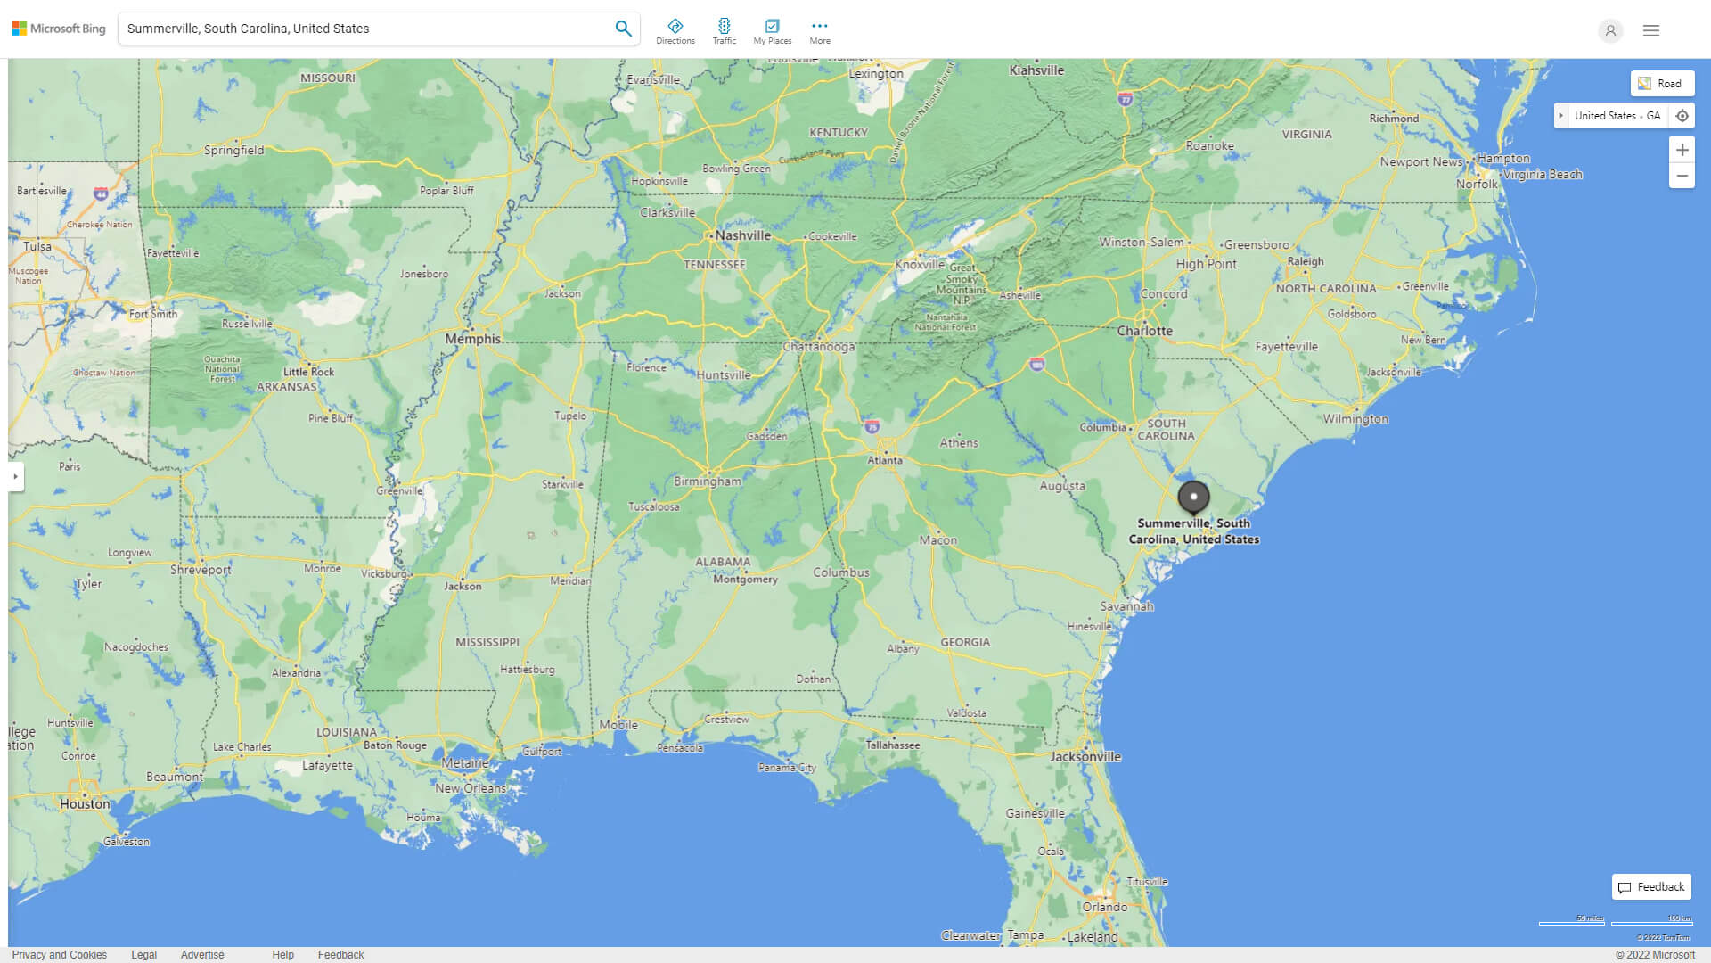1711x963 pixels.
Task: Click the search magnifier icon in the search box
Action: pos(623,29)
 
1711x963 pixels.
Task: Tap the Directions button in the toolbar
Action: pos(675,30)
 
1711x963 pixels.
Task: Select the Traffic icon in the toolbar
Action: pos(725,30)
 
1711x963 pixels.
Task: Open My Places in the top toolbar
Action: pos(772,30)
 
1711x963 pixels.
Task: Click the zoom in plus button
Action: pos(1682,150)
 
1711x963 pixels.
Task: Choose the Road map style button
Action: pos(1662,84)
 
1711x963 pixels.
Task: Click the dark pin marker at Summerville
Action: pos(1193,497)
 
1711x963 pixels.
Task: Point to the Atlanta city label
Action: pos(885,460)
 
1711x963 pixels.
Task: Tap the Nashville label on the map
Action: pos(742,235)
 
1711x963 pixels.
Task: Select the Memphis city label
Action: pos(472,339)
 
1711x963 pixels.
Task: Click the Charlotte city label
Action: pos(1145,331)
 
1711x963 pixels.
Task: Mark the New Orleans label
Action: pos(470,788)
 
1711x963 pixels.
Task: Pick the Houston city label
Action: pos(86,803)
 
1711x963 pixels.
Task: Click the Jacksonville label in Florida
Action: pos(1085,756)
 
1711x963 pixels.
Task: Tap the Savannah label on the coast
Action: pos(1126,606)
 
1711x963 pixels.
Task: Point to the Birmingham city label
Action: pos(708,481)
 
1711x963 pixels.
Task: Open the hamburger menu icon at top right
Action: pos(1651,30)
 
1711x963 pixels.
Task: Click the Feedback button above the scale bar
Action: pos(1651,886)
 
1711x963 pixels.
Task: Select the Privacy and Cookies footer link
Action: pos(60,954)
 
